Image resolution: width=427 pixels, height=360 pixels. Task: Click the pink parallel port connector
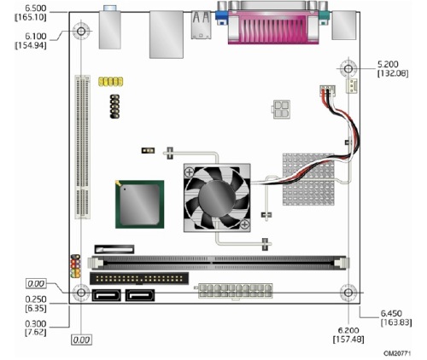pyautogui.click(x=273, y=23)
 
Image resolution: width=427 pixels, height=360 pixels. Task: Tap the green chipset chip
pyautogui.click(x=139, y=204)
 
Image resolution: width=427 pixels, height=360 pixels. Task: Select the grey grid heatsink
pyautogui.click(x=308, y=179)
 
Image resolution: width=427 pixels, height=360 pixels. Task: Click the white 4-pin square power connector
pyautogui.click(x=281, y=109)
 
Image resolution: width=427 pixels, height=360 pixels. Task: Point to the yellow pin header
pyautogui.click(x=111, y=82)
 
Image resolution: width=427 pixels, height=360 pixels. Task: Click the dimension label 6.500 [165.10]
pyautogui.click(x=31, y=13)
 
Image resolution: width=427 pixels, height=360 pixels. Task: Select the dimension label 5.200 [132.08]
pyautogui.click(x=393, y=68)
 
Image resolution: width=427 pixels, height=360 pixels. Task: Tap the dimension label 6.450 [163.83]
pyautogui.click(x=396, y=317)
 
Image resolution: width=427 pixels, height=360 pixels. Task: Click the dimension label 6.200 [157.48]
pyautogui.click(x=348, y=334)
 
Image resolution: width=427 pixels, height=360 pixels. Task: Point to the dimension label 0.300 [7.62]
pyautogui.click(x=36, y=328)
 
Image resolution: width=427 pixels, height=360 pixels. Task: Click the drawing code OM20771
pyautogui.click(x=397, y=353)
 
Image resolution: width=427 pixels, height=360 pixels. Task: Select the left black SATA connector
pyautogui.click(x=106, y=295)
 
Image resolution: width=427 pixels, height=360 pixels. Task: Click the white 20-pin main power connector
pyautogui.click(x=236, y=291)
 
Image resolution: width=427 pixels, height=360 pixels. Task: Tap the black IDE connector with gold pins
pyautogui.click(x=139, y=278)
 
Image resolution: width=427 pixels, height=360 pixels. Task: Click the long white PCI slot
pyautogui.click(x=83, y=147)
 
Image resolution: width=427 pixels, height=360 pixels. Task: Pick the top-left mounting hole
pyautogui.click(x=81, y=31)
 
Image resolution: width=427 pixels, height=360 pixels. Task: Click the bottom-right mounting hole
pyautogui.click(x=348, y=293)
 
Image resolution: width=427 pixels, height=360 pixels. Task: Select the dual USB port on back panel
pyautogui.click(x=202, y=25)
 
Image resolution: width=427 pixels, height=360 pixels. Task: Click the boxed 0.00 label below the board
pyautogui.click(x=82, y=340)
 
